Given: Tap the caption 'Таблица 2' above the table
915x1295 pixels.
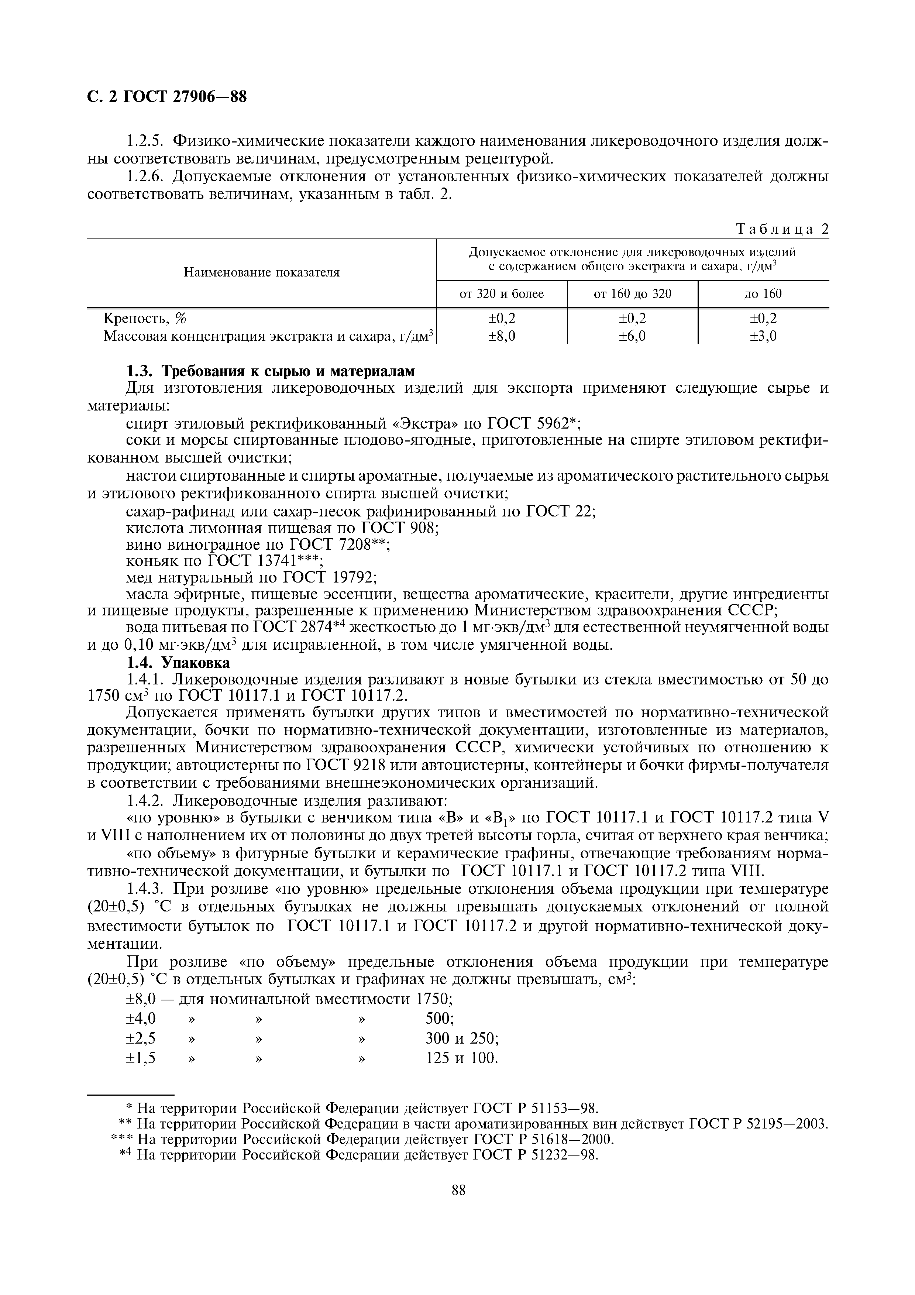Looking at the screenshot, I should [782, 229].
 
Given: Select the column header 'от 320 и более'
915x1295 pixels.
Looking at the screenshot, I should [501, 294].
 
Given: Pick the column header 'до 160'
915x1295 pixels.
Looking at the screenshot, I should [763, 294].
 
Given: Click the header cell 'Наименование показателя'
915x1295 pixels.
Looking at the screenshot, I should [262, 272].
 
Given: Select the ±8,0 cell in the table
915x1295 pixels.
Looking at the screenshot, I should [501, 336].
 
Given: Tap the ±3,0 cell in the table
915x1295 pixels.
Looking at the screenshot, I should [763, 336].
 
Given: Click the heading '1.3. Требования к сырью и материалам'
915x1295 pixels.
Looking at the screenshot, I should [269, 371].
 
